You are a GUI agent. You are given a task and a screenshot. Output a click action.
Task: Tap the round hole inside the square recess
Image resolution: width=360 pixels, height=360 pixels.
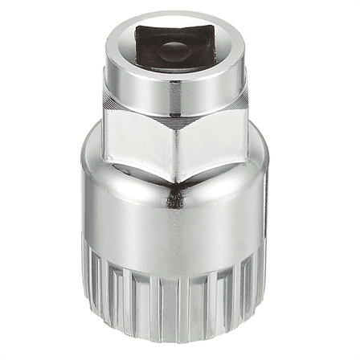(x=171, y=51)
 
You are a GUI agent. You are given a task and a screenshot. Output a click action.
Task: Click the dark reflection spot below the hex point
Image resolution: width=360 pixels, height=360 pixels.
(x=170, y=198)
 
